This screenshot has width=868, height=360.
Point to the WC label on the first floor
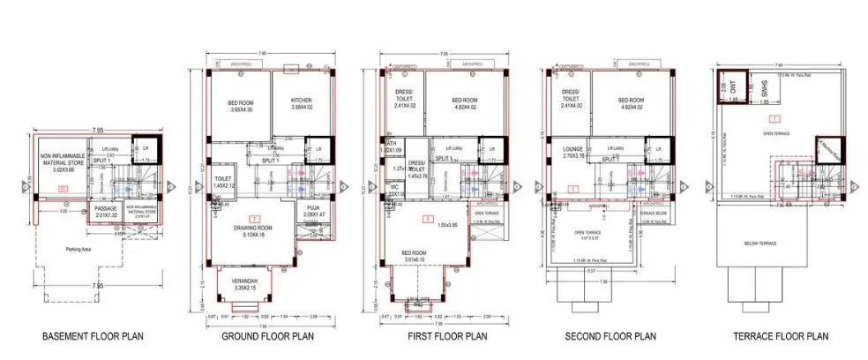[x=393, y=187]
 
